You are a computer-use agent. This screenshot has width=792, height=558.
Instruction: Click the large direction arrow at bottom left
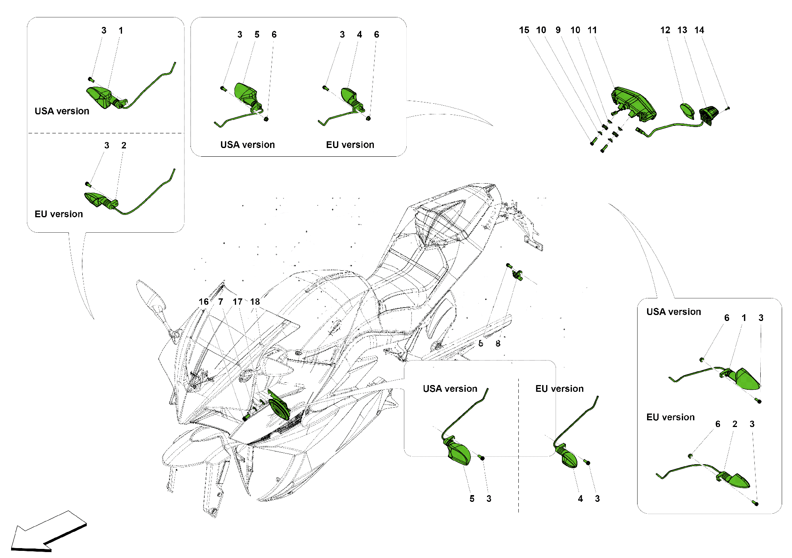click(48, 532)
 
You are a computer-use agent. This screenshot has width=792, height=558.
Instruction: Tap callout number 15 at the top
click(524, 30)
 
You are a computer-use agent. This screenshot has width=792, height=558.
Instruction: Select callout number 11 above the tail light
click(592, 30)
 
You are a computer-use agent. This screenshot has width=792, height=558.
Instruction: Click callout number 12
click(665, 30)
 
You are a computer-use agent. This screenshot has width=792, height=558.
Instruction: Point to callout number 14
click(699, 30)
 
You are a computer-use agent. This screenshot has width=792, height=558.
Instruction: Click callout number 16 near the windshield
click(204, 302)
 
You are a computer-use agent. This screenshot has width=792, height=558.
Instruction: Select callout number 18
click(255, 302)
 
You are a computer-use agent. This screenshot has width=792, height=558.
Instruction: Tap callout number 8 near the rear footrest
click(498, 344)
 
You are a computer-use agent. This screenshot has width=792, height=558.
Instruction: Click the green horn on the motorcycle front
click(279, 406)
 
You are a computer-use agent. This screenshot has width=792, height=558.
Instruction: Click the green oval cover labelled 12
click(687, 110)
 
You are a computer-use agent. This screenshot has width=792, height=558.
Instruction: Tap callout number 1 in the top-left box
click(121, 30)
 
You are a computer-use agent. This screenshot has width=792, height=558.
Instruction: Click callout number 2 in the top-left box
click(124, 146)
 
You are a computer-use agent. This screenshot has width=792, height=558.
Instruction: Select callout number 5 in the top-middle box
click(257, 35)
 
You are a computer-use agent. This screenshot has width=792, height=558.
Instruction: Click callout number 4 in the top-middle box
click(359, 35)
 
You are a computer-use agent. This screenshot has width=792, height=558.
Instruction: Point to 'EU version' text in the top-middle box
click(350, 145)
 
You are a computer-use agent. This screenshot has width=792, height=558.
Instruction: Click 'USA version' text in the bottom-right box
click(673, 312)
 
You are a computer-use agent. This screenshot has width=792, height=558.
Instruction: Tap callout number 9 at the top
click(558, 30)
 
